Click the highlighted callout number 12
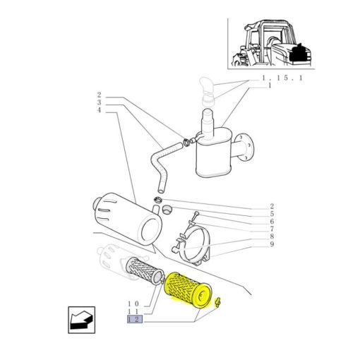click(x=135, y=319)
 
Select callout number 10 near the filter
click(x=133, y=304)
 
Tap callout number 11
click(x=133, y=312)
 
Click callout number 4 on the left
click(x=99, y=110)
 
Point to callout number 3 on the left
click(x=99, y=102)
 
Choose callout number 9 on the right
click(x=272, y=244)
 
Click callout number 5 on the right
click(x=272, y=214)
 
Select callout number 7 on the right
click(x=272, y=229)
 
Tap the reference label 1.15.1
click(x=282, y=78)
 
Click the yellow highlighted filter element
click(x=188, y=290)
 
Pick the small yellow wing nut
click(x=218, y=302)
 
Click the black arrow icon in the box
click(x=81, y=320)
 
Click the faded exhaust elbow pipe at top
click(x=207, y=92)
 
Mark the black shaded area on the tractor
click(x=297, y=54)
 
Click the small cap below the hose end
click(x=167, y=210)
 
